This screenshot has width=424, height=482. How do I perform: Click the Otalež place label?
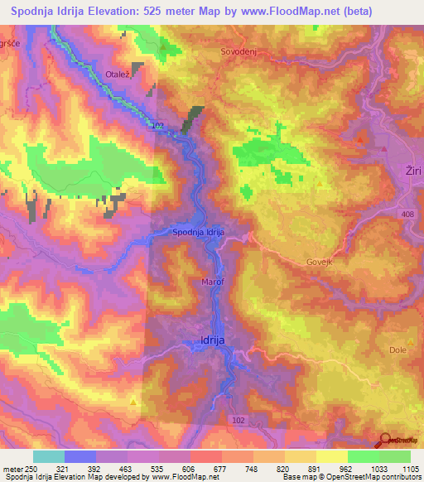[118, 75]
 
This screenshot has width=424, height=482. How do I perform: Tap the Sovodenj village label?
[237, 51]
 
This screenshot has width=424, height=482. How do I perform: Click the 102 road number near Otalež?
[158, 125]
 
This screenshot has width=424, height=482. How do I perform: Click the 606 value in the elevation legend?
[189, 469]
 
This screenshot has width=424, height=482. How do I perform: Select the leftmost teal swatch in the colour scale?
[48, 456]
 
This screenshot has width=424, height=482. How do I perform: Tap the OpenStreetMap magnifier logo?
[385, 440]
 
